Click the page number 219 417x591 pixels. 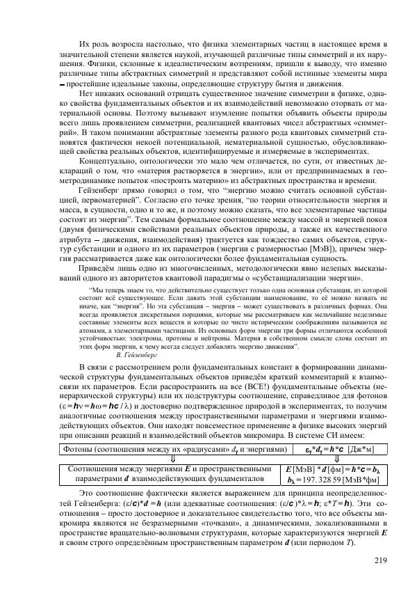(x=379, y=561)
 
